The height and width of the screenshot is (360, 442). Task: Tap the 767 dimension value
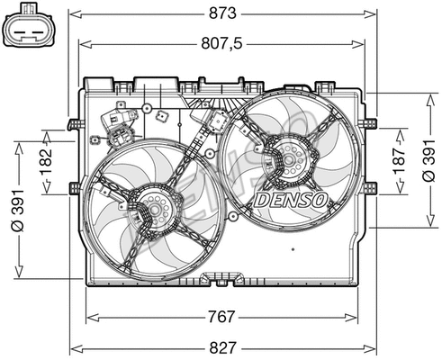pos(221,317)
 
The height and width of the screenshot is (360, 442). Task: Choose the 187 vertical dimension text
pos(399,160)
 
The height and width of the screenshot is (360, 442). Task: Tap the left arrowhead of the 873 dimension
pos(74,13)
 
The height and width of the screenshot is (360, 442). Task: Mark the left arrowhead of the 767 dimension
pos(89,317)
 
